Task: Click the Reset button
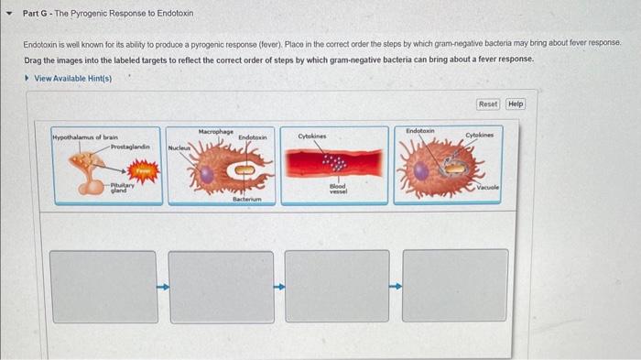(x=488, y=104)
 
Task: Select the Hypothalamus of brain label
(x=84, y=136)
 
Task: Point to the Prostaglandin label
(x=130, y=146)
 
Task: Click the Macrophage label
(x=216, y=132)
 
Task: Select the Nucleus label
(x=179, y=147)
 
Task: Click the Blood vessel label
(x=337, y=187)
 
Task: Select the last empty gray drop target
(x=455, y=285)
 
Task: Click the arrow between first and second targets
(x=163, y=286)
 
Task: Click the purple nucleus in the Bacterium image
(x=208, y=171)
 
